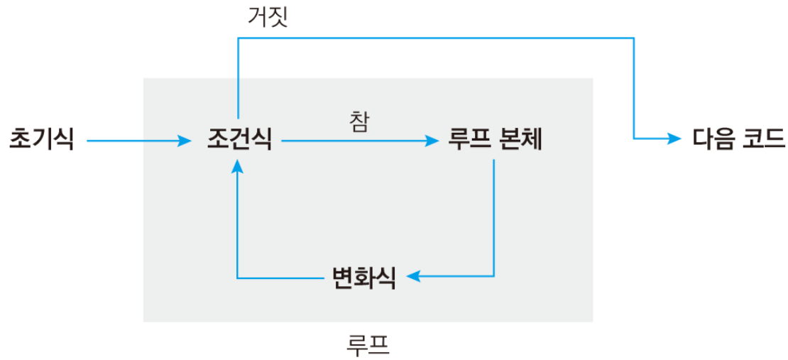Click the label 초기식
coord(41,139)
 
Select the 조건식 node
coord(239,139)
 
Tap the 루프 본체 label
coord(495,139)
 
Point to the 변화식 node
coord(363,276)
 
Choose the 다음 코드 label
coord(738,139)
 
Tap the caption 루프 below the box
coord(368,344)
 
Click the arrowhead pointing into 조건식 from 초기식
coord(187,141)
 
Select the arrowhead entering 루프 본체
coord(433,141)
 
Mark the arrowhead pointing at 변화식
coord(412,276)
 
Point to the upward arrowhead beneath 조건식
coord(238,165)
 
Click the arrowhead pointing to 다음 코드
coord(674,139)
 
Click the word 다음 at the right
coord(713,139)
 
